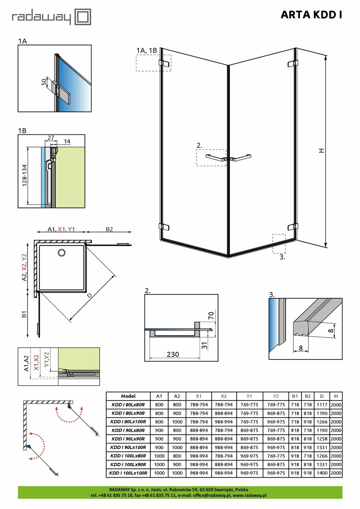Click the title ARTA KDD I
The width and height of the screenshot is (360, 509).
tap(311, 15)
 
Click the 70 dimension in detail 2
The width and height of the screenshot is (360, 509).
tap(212, 316)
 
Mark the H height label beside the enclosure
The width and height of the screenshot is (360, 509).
tap(321, 151)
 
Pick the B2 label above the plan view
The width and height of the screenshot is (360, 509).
tap(109, 229)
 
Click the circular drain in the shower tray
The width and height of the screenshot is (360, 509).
tap(62, 252)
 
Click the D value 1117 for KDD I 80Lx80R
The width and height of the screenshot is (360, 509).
tap(322, 405)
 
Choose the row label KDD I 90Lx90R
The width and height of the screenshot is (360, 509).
tap(128, 439)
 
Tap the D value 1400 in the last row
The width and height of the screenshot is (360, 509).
tap(322, 473)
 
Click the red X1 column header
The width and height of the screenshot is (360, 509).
tap(199, 396)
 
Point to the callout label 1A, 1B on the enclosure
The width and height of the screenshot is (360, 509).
tap(146, 51)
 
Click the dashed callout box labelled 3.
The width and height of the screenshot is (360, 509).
tap(279, 243)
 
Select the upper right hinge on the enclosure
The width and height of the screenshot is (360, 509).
tap(293, 63)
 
